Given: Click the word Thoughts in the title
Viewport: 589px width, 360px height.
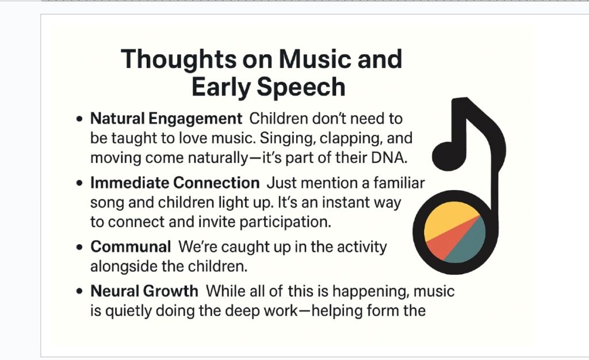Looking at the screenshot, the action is (179, 59).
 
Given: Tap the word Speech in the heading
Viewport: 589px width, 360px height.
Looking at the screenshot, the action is (300, 88).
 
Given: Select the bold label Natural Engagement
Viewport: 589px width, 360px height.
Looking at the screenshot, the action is (166, 119).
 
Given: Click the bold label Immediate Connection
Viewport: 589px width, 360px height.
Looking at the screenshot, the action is (175, 183).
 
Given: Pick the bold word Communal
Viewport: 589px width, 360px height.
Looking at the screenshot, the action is (131, 247).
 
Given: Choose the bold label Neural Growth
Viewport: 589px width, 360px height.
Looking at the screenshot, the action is (144, 291).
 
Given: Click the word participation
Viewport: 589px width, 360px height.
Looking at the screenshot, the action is (285, 222).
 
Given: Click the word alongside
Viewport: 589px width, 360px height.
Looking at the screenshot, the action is (124, 266).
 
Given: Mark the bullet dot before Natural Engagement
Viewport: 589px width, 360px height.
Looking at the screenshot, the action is (79, 119).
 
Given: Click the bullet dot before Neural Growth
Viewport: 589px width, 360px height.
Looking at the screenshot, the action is (79, 291).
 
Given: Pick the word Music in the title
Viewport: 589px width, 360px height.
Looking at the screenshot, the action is (315, 59).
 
